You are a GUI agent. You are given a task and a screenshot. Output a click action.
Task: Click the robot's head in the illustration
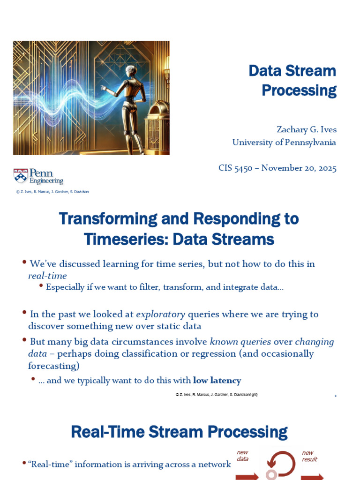[x=131, y=72]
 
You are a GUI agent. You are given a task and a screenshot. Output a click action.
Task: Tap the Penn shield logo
[x=21, y=176]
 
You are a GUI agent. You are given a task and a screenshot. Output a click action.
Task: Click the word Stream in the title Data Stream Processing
[x=310, y=71]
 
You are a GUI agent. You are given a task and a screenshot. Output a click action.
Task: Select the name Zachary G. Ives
[x=307, y=129]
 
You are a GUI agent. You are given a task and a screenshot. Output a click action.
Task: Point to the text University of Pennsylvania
[x=284, y=142]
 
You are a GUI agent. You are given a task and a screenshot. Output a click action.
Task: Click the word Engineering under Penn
[x=46, y=181]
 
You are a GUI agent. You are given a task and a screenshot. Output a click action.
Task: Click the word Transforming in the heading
[x=108, y=219]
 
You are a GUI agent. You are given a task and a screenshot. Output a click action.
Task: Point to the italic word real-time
[x=47, y=276]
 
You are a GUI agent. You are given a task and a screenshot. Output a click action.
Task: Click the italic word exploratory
[x=160, y=315]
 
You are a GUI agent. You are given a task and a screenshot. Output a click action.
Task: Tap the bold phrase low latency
[x=217, y=380]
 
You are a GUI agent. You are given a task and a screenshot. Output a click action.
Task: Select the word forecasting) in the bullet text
[x=54, y=366]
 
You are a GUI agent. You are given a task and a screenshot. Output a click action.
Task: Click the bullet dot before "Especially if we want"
[x=41, y=285]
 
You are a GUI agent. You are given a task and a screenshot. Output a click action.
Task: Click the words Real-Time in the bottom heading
[x=107, y=432]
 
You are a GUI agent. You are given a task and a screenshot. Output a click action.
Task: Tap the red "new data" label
[x=242, y=456]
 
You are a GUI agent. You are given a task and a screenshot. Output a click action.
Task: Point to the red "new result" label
[x=309, y=456]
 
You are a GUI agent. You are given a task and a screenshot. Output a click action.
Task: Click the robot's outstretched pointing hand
[x=104, y=88]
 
